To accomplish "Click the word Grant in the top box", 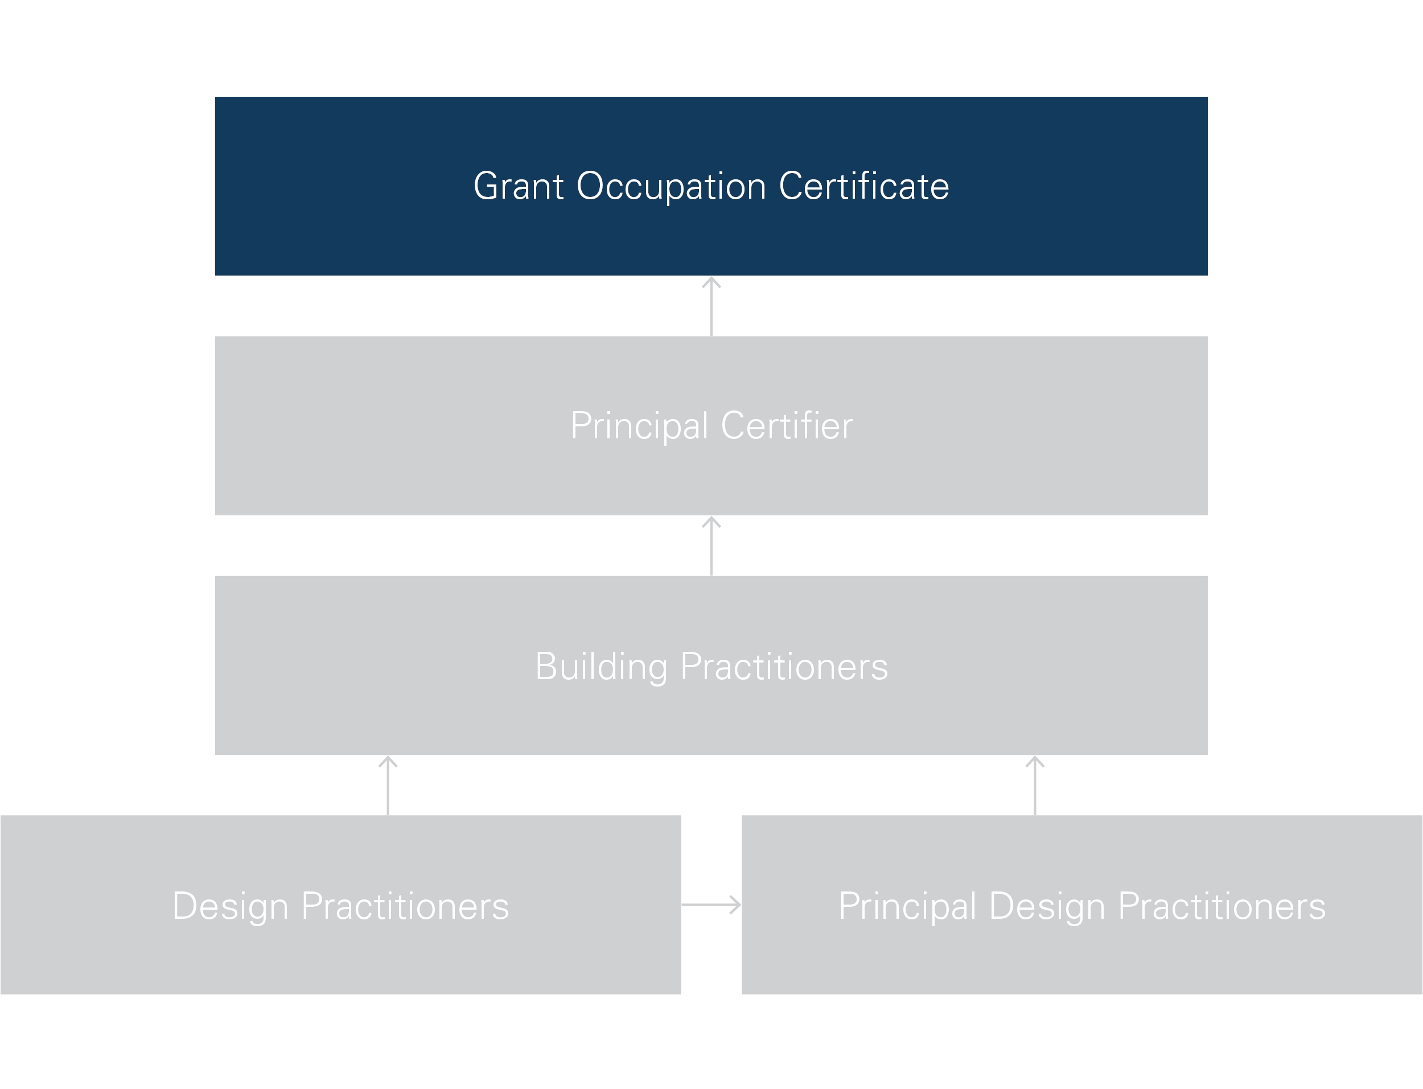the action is click(x=519, y=186).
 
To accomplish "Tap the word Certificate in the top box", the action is click(x=864, y=186).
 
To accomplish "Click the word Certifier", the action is click(x=787, y=426).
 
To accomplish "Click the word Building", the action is click(x=601, y=667).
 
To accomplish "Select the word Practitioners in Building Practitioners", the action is click(x=784, y=667).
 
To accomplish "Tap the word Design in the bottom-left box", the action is click(x=231, y=907).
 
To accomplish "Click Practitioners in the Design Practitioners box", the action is click(x=405, y=906).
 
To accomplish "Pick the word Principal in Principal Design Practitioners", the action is click(x=907, y=907).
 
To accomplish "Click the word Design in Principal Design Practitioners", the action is click(x=1047, y=907).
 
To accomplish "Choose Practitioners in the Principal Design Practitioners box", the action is click(x=1222, y=906).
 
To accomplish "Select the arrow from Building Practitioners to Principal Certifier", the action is click(x=711, y=546).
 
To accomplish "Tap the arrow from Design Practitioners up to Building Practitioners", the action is click(x=388, y=786).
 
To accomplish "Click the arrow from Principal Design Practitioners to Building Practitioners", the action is click(x=1035, y=786).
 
